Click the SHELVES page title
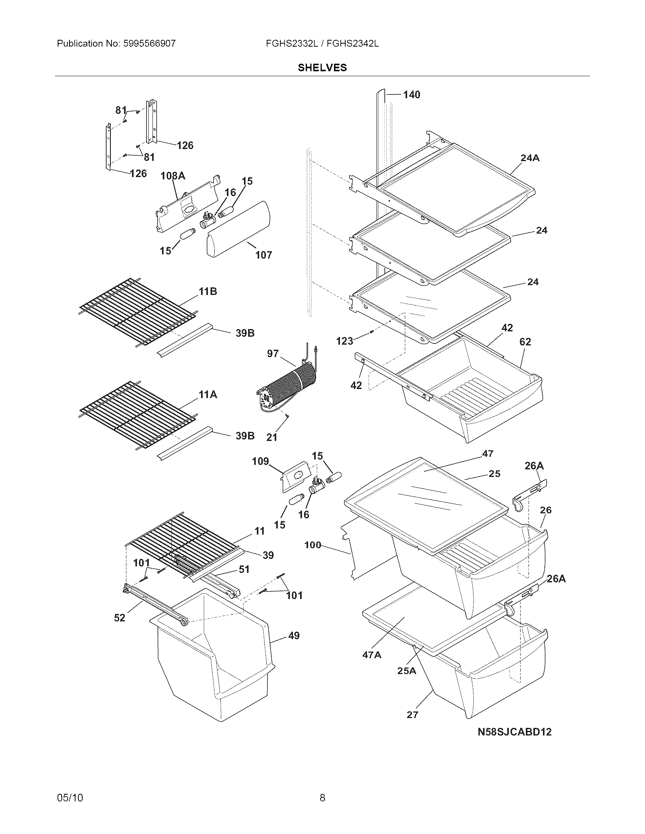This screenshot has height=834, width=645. click(x=322, y=67)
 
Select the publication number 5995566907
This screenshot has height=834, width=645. click(x=149, y=44)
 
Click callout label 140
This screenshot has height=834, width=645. click(x=412, y=94)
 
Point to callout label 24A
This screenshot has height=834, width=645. click(x=530, y=158)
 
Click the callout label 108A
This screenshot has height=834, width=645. click(x=173, y=176)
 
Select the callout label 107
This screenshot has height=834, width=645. click(x=264, y=255)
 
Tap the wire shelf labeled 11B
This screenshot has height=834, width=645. click(x=138, y=311)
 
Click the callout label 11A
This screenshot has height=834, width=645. click(x=208, y=395)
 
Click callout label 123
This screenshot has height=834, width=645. click(x=345, y=341)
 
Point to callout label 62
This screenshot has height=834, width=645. click(x=525, y=342)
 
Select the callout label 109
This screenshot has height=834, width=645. click(x=260, y=461)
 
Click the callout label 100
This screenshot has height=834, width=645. click(x=313, y=545)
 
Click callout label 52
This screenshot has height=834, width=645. click(x=120, y=618)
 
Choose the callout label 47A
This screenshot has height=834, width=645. click(x=372, y=655)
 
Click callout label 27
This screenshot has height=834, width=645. click(x=412, y=715)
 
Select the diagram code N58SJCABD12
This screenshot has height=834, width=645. click(x=514, y=732)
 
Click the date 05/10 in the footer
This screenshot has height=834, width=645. click(x=70, y=798)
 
